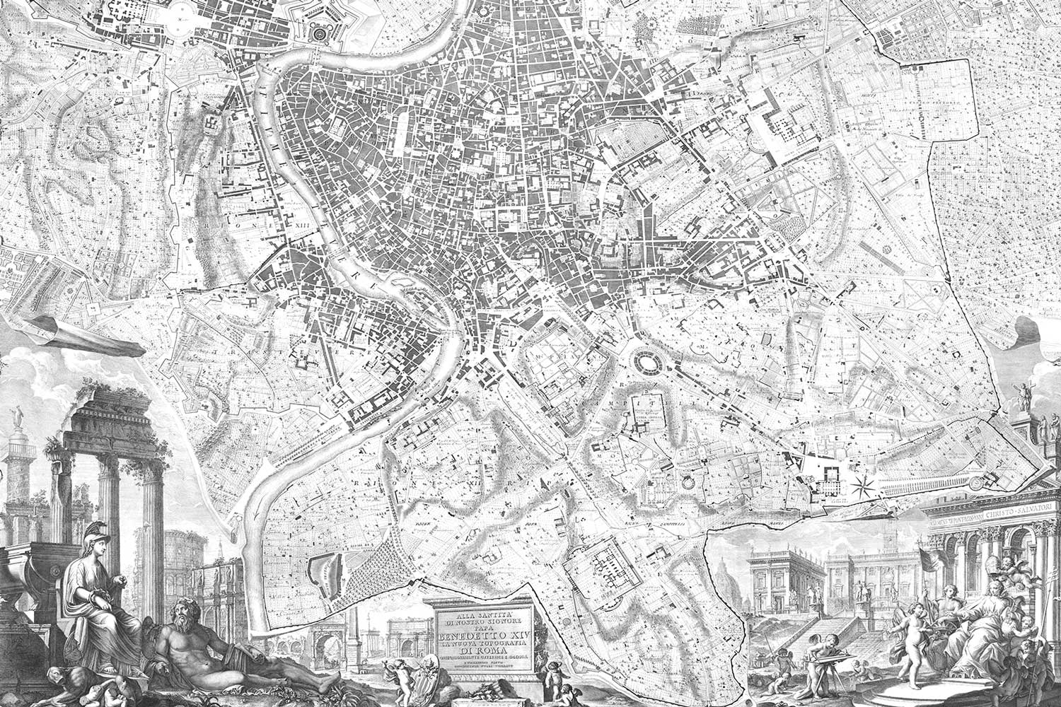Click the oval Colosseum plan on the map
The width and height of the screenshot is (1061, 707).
point(645,363)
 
